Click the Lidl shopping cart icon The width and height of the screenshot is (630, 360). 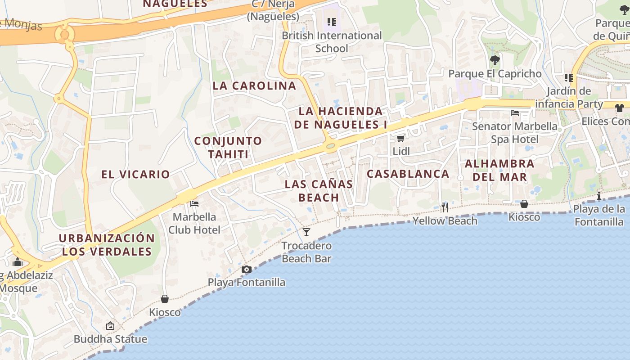click(x=400, y=138)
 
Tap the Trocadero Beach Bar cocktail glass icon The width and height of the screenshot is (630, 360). click(x=306, y=232)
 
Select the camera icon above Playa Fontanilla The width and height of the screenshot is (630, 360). click(x=246, y=269)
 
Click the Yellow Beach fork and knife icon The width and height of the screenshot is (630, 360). click(x=445, y=207)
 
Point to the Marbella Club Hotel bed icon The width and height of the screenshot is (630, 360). click(x=194, y=204)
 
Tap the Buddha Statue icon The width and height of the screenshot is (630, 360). click(x=110, y=326)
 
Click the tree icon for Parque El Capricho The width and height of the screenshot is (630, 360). click(x=495, y=60)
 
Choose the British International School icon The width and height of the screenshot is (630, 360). click(x=332, y=22)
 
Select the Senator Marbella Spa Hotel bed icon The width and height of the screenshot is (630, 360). click(x=515, y=112)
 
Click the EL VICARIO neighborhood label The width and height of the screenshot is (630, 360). click(x=135, y=175)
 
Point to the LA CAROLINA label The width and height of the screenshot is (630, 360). click(x=254, y=86)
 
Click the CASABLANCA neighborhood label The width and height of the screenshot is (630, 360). click(x=408, y=174)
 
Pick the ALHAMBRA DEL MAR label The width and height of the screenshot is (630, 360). click(x=499, y=170)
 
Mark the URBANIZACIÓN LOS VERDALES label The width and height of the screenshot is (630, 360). click(x=107, y=245)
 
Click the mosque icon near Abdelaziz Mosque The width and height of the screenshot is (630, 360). click(x=18, y=262)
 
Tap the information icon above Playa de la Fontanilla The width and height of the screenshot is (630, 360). click(x=599, y=196)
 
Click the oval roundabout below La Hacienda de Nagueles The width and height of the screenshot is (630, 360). click(x=331, y=146)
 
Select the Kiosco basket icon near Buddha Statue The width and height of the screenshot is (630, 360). click(x=165, y=299)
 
